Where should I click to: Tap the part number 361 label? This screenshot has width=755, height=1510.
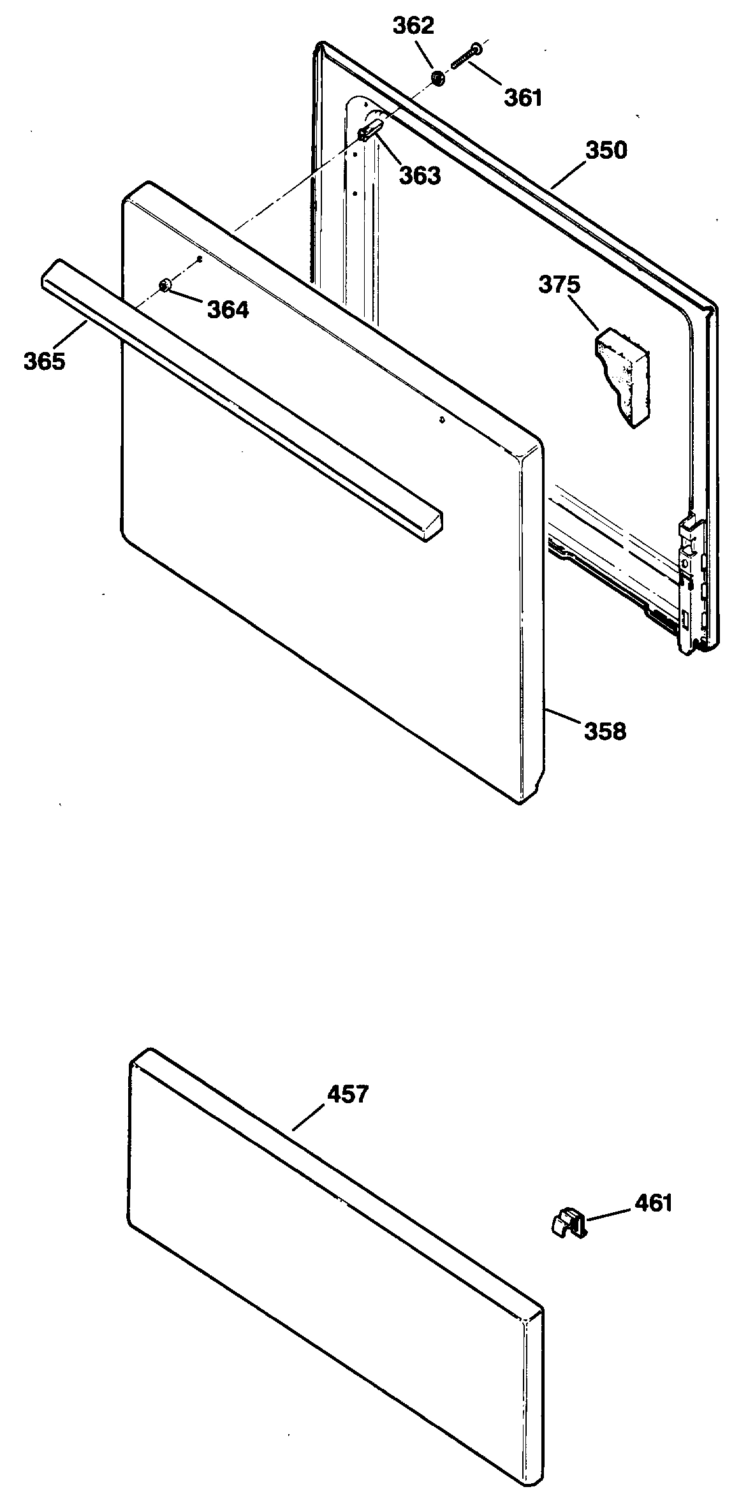[523, 98]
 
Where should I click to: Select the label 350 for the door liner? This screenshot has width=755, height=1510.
[606, 150]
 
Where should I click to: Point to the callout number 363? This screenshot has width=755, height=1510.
[420, 175]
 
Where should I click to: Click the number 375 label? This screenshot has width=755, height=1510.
[559, 284]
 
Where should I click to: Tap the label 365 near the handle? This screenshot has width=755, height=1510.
[45, 361]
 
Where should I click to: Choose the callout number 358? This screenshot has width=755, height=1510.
[605, 731]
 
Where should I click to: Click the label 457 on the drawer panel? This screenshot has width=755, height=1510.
[348, 1094]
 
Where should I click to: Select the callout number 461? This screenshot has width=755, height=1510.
[654, 1203]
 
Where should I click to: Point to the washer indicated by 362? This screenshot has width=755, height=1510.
[438, 78]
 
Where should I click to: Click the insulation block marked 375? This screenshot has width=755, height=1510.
[622, 376]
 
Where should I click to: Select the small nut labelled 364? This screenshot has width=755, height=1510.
[165, 285]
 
